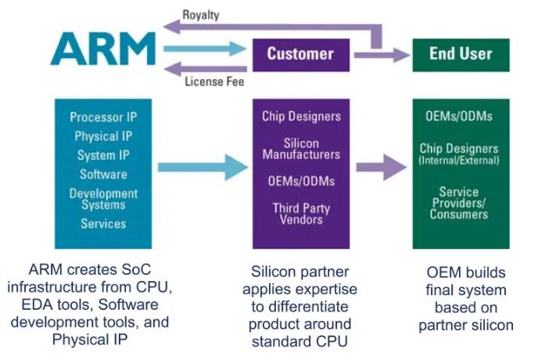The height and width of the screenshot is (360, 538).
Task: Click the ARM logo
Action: [x=102, y=49]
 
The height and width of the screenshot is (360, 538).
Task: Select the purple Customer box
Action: [x=299, y=54]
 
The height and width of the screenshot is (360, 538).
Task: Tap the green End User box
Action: [x=461, y=54]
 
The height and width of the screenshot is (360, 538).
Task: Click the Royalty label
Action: [x=202, y=14]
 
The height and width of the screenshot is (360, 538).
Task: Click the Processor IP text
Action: [x=103, y=118]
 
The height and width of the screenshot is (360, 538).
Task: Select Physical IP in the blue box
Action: [x=103, y=137]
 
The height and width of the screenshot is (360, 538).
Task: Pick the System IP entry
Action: [x=103, y=155]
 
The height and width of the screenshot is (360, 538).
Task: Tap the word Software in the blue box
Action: [x=103, y=174]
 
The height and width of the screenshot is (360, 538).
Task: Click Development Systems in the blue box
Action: [x=103, y=199]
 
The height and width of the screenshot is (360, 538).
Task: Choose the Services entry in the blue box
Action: [x=103, y=224]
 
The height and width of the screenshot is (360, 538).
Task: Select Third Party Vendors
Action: [x=300, y=214]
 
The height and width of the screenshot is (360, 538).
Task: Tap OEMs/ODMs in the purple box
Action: [x=300, y=182]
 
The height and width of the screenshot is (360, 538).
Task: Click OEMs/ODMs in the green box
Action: [x=461, y=117]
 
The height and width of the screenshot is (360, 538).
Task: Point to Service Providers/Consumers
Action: [x=461, y=203]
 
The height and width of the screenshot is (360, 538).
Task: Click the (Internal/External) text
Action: [x=461, y=160]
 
